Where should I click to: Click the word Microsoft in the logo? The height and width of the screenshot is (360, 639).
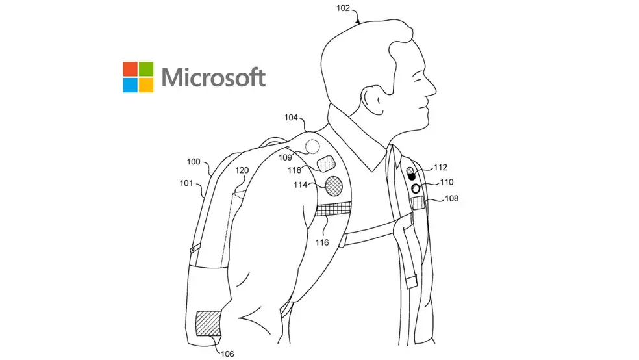coord(213,77)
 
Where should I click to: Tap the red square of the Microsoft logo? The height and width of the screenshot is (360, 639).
coord(130,69)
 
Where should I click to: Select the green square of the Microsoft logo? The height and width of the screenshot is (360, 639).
coord(146,69)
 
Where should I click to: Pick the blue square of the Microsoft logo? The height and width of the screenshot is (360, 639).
coord(130,85)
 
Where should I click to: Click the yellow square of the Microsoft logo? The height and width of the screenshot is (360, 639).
coord(146,85)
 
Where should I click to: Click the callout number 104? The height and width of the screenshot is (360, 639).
coord(292,118)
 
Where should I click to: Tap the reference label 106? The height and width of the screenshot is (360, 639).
coord(227,354)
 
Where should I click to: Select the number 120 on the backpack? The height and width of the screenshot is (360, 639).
coord(242,170)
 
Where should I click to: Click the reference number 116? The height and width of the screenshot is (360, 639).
coord(322,242)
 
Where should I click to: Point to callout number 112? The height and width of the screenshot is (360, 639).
coord(440,168)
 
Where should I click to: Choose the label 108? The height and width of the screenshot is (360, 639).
coord(451,198)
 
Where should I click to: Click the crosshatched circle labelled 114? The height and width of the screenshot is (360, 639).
coord(334,186)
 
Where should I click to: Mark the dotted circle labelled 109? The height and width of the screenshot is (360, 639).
coord(312,147)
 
